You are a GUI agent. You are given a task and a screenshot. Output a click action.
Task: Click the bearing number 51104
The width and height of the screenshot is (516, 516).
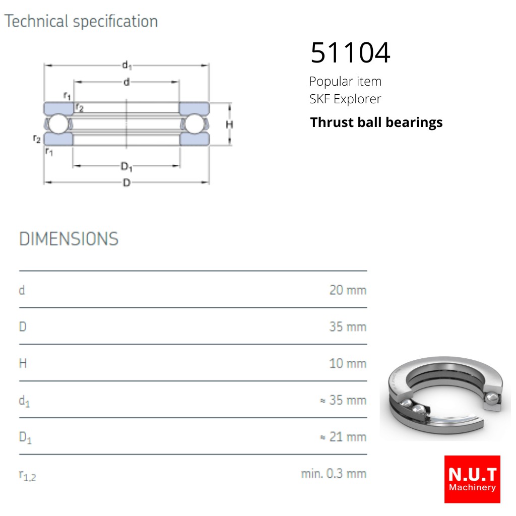(350, 52)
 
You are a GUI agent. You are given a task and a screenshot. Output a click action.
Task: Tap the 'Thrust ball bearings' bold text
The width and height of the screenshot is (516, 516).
(376, 122)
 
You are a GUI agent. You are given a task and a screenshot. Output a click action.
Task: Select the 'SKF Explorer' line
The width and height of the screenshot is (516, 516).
(345, 99)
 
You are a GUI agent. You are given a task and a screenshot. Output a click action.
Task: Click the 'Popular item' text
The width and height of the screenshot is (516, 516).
(345, 81)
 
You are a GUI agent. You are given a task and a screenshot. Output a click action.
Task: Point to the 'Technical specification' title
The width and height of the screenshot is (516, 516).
(81, 22)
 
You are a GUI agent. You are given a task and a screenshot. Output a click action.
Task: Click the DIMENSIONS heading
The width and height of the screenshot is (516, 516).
(69, 239)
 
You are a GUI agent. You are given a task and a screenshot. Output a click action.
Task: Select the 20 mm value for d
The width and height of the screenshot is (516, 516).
(348, 290)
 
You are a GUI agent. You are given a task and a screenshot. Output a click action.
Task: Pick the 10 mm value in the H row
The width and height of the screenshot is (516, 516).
(348, 364)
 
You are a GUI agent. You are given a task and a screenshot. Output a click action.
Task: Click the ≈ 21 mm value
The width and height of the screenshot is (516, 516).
(343, 437)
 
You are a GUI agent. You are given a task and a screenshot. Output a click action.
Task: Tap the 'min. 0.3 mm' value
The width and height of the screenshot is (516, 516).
(334, 474)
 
